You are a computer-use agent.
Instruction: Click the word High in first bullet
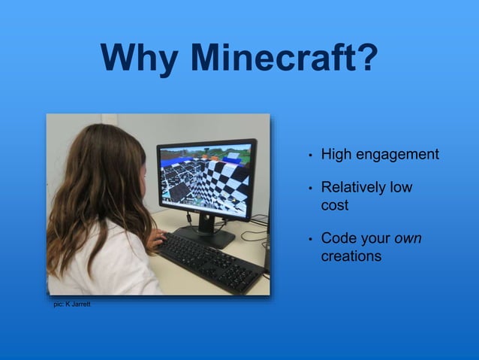(336, 154)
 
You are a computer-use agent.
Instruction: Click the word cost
(335, 204)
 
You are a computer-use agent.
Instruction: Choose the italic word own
(408, 238)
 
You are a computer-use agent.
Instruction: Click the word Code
(338, 238)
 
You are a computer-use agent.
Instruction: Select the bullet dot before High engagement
(309, 156)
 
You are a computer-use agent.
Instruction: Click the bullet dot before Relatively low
(309, 189)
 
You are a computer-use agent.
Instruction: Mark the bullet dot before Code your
(309, 240)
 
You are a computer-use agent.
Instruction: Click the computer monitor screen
(205, 175)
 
